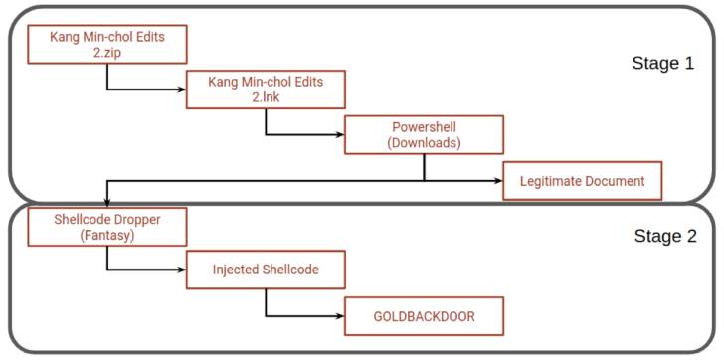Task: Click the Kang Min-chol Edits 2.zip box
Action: (x=105, y=44)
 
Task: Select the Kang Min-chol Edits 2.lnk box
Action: (x=265, y=89)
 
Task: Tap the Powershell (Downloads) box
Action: (x=424, y=134)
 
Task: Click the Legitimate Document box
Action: (x=582, y=181)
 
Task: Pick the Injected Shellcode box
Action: (x=265, y=270)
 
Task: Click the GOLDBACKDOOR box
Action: (x=424, y=315)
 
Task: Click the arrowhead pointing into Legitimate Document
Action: (x=497, y=181)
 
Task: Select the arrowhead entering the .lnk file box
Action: (x=181, y=89)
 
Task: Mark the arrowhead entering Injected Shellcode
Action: (x=181, y=270)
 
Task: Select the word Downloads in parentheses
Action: (x=424, y=142)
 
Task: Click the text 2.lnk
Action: (x=265, y=97)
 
